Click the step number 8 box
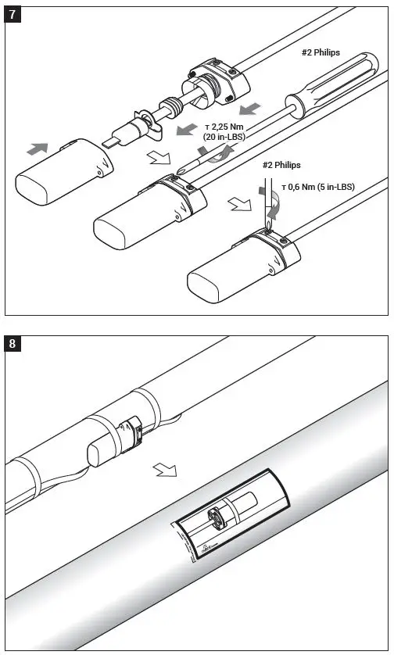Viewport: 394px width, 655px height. pos(13,343)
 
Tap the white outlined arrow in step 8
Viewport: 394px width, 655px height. pos(165,471)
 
